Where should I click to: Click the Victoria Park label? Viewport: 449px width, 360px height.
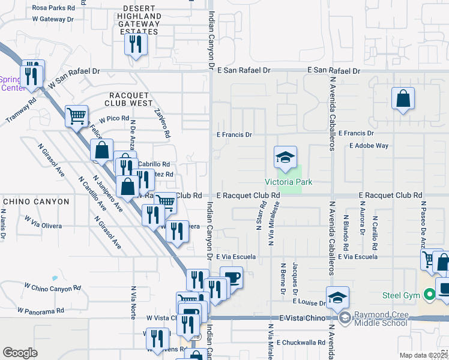pyautogui.click(x=284, y=182)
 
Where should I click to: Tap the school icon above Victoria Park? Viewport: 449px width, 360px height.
pyautogui.click(x=286, y=158)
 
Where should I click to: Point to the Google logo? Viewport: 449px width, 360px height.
pyautogui.click(x=20, y=352)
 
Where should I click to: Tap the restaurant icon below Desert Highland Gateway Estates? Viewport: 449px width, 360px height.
pyautogui.click(x=135, y=45)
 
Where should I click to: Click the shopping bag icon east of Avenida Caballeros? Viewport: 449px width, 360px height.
pyautogui.click(x=403, y=100)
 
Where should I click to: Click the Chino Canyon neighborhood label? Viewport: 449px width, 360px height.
pyautogui.click(x=36, y=202)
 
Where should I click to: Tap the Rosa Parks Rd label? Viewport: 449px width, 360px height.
pyautogui.click(x=53, y=8)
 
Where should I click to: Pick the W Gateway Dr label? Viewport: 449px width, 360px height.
pyautogui.click(x=53, y=19)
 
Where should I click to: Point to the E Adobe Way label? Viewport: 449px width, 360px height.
pyautogui.click(x=369, y=146)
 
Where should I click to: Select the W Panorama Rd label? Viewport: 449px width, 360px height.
pyautogui.click(x=40, y=311)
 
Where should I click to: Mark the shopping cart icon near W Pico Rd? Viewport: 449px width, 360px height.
pyautogui.click(x=76, y=116)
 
